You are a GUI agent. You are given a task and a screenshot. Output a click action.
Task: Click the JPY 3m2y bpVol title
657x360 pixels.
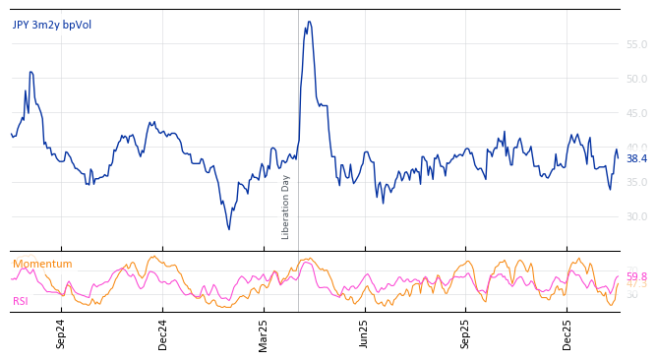[52, 25]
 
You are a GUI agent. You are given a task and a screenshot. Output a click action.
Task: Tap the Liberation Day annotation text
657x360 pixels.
[286, 207]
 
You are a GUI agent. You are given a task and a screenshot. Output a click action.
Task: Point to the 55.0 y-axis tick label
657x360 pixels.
[636, 45]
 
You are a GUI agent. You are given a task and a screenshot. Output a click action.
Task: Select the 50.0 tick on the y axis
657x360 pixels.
[636, 80]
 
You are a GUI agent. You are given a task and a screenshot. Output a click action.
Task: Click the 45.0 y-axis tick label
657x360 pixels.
[636, 114]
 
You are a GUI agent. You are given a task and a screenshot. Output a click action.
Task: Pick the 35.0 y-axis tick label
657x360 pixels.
[636, 183]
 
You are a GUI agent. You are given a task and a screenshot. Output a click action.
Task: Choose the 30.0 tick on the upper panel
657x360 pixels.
[636, 217]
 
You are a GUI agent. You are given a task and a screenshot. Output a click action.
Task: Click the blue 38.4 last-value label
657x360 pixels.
[637, 158]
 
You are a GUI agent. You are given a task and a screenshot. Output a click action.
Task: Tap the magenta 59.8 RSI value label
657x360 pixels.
[637, 277]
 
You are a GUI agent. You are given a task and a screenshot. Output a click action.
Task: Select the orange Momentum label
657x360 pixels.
[42, 265]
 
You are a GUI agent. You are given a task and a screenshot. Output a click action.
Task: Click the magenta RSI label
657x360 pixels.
[21, 301]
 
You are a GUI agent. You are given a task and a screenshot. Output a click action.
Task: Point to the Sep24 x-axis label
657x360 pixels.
[61, 334]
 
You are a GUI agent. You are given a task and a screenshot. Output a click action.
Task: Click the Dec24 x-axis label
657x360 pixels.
[163, 334]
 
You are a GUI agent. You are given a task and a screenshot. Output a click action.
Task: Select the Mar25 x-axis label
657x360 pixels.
[264, 334]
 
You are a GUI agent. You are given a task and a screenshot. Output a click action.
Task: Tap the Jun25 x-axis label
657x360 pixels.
[365, 334]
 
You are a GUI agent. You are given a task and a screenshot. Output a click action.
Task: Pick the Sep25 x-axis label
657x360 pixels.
[466, 334]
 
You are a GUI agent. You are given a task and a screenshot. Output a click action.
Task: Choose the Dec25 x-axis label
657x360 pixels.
[567, 334]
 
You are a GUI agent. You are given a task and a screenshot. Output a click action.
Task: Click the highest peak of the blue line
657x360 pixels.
[309, 22]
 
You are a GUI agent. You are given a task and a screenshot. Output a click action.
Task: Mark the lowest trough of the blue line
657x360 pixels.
[229, 229]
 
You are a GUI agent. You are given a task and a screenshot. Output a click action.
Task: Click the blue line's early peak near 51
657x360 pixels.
[31, 72]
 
